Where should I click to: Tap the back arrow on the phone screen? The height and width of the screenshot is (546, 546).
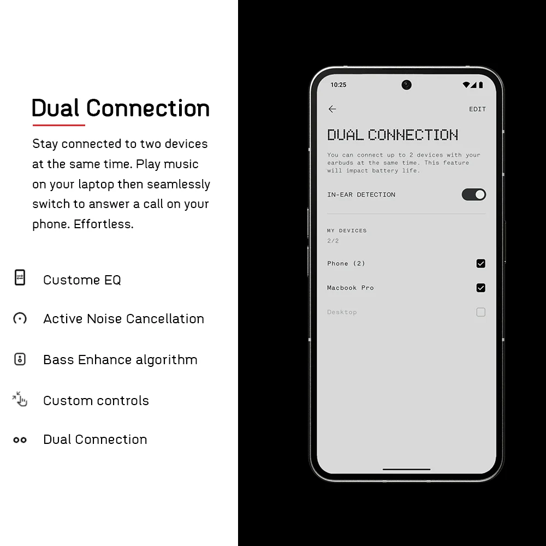tap(332, 109)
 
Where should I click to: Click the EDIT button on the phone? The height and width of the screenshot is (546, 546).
tap(477, 109)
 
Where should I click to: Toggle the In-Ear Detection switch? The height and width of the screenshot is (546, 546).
tap(473, 195)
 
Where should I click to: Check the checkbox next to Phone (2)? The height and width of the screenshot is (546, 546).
tap(480, 264)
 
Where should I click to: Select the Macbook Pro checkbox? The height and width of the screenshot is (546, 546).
tap(480, 288)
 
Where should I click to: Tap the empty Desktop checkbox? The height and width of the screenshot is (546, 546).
tap(480, 312)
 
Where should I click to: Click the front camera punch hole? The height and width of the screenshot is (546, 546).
tap(406, 85)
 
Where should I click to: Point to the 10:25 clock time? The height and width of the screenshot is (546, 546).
tap(338, 85)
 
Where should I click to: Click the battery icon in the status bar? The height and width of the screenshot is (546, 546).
tap(481, 85)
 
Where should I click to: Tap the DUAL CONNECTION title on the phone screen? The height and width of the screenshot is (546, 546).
tap(393, 135)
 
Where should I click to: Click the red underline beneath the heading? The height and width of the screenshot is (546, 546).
tap(59, 125)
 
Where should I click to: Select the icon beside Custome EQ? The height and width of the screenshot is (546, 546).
tap(20, 277)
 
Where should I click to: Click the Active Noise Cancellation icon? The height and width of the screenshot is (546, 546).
tap(20, 318)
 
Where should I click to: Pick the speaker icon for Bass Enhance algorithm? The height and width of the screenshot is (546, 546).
tap(20, 359)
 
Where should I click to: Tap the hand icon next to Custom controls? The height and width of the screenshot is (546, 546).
tap(20, 399)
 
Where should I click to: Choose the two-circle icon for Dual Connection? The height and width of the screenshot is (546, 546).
tap(20, 440)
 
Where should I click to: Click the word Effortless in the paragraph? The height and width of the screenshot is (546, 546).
tap(104, 224)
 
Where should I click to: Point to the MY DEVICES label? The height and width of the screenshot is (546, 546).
tap(347, 230)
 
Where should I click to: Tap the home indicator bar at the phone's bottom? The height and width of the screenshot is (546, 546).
tap(406, 470)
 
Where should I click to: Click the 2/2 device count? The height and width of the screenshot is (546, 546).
tap(333, 241)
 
